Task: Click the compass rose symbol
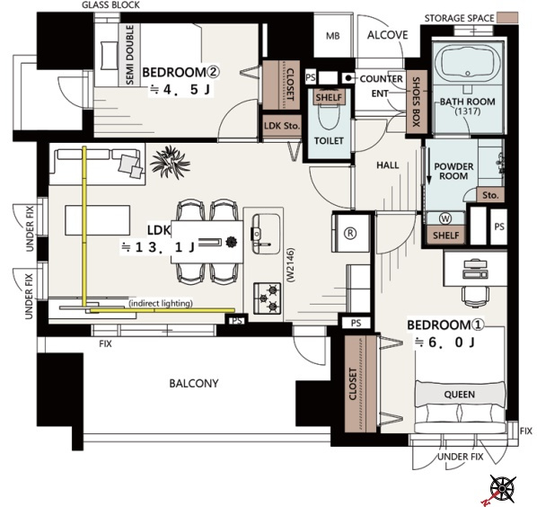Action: [502, 487]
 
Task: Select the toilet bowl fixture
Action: [329, 116]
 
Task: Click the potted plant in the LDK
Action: [171, 163]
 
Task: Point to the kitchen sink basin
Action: [266, 234]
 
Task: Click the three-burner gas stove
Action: [267, 298]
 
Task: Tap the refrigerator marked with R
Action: [351, 233]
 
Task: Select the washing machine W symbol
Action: [445, 218]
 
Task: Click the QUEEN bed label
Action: [459, 395]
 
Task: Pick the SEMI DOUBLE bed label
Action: [130, 55]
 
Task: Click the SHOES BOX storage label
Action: [417, 102]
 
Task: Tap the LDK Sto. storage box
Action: [282, 126]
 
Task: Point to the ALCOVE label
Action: [387, 35]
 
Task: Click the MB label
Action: [332, 36]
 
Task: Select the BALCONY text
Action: [194, 383]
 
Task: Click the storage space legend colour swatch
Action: [507, 18]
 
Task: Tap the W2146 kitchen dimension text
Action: [291, 265]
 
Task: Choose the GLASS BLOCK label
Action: [110, 5]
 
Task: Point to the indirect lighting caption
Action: [161, 303]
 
